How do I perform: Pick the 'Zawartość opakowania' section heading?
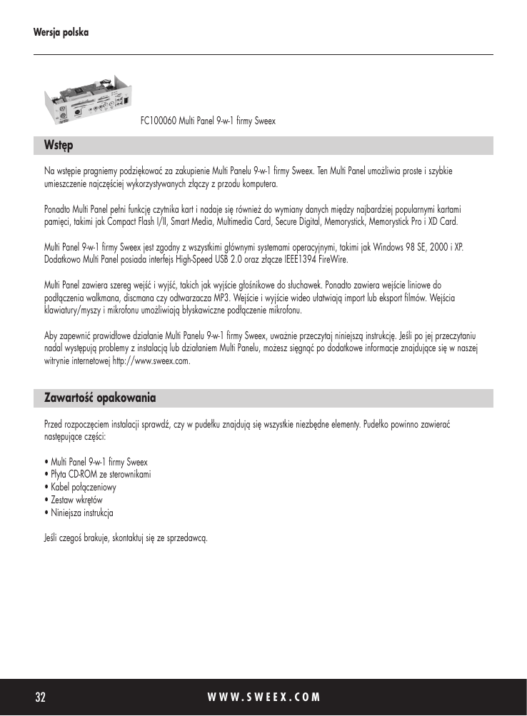101,397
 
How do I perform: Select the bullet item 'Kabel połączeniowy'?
83,487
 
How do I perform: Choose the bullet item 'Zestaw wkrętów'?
76,500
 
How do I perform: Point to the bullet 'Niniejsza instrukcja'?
81,513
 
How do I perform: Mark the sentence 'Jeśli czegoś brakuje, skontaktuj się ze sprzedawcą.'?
126,537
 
